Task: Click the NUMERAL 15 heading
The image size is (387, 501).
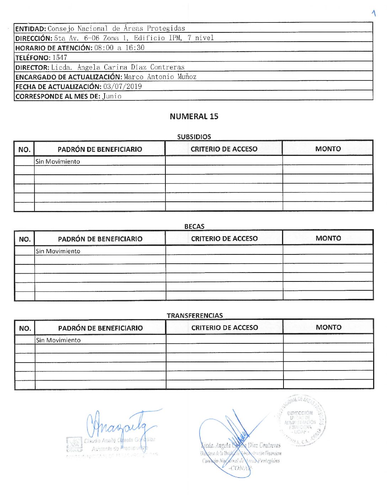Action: point(194,116)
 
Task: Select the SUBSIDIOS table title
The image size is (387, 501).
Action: point(194,137)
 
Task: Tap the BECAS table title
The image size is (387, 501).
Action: point(194,226)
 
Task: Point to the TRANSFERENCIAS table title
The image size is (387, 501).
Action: point(195,316)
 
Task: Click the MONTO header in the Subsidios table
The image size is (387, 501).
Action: point(328,149)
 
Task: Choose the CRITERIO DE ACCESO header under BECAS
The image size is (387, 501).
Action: point(224,238)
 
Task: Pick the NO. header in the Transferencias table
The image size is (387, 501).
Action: point(25,328)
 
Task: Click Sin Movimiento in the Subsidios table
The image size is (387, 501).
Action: point(58,162)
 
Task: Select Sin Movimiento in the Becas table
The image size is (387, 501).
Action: point(58,251)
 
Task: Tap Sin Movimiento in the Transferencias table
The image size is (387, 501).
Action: point(58,340)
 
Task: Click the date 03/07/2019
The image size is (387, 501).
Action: point(122,86)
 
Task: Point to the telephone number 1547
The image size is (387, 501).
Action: point(60,57)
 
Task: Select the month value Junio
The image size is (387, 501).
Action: point(112,96)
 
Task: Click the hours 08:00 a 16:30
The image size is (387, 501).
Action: point(119,48)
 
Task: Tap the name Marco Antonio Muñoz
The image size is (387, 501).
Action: point(160,77)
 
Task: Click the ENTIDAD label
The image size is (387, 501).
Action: point(31,28)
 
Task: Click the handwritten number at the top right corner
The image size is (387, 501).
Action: point(373,13)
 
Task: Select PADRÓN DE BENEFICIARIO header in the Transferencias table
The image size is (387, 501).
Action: point(100,328)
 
